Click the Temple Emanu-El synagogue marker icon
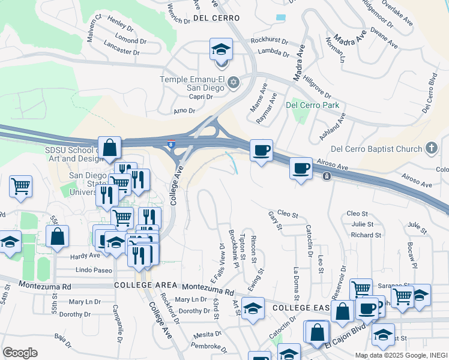[x=234, y=83]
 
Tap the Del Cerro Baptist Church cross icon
[x=430, y=148]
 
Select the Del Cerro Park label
[x=312, y=105]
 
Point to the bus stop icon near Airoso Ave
[x=326, y=176]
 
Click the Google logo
[x=20, y=353]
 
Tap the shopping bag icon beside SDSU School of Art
[x=110, y=148]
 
